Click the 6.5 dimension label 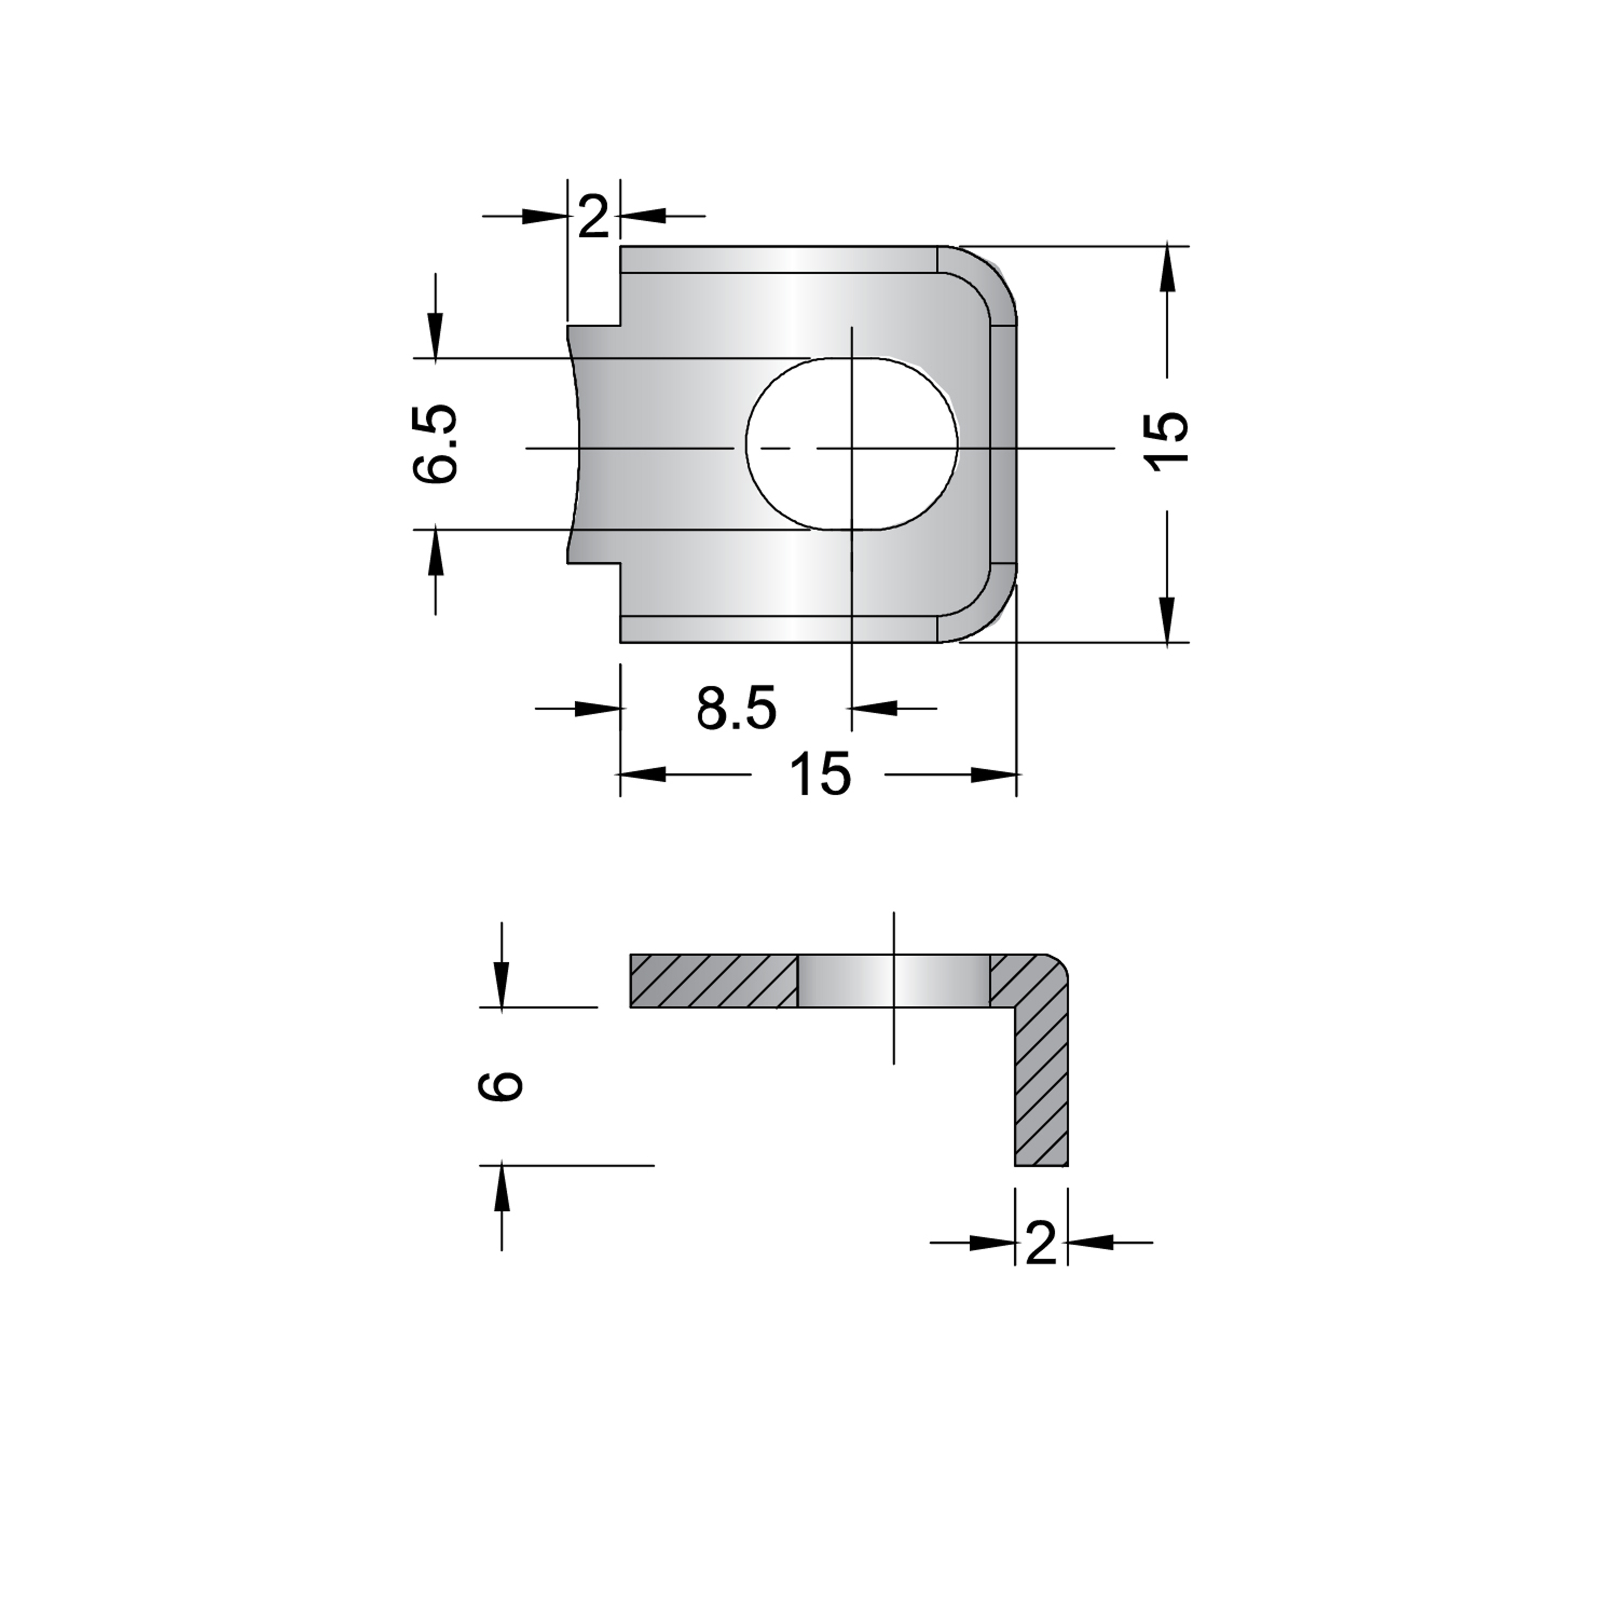435,444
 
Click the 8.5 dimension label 737,709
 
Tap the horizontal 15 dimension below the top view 820,774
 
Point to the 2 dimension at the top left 594,218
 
